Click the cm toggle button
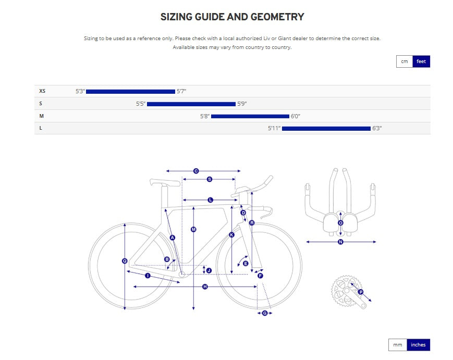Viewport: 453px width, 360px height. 404,61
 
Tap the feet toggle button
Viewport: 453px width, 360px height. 421,61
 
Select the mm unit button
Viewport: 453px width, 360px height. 398,345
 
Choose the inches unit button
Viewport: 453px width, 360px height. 418,345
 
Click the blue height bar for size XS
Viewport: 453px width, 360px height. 131,92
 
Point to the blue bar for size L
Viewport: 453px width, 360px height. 326,129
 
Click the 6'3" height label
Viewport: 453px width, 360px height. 377,129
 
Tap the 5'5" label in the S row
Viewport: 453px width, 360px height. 141,104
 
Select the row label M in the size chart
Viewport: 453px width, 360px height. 42,116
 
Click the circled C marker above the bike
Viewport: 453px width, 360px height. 196,171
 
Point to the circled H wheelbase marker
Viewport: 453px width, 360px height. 205,287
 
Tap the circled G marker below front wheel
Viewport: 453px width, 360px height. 265,313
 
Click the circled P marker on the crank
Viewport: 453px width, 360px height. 361,292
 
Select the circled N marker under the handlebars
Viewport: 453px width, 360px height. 340,242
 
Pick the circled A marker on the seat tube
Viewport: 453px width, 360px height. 173,238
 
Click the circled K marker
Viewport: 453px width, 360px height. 231,235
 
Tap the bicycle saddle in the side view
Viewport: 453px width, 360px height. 164,182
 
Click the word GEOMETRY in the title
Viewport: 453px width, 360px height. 277,17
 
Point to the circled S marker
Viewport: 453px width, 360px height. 210,179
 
